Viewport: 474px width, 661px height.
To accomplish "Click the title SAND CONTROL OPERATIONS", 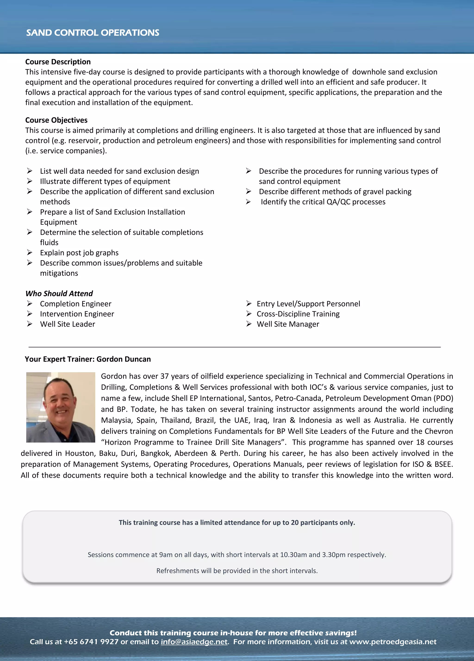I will (93, 33).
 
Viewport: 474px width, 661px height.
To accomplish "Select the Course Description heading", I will (58, 62).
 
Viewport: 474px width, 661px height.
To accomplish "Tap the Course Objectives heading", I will (56, 120).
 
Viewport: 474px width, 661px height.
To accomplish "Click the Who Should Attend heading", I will (59, 293).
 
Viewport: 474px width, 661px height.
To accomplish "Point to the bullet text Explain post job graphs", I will (79, 253).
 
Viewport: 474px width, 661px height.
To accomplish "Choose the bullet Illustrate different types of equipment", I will (105, 181).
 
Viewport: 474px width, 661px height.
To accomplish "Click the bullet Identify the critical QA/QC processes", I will (323, 202).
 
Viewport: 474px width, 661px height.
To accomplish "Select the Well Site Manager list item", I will (288, 324).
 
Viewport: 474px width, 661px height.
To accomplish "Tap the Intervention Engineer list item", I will (77, 314).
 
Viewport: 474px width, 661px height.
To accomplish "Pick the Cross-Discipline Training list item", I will (298, 314).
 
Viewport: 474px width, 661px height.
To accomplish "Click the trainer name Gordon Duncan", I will (124, 359).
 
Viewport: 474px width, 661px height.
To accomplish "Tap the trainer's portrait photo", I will (61, 407).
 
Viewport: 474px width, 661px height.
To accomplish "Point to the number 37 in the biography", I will (165, 376).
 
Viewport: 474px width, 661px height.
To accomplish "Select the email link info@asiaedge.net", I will (194, 642).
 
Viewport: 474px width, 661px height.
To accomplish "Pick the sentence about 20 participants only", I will (237, 522).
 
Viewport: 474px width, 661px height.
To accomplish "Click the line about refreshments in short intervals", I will (237, 571).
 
